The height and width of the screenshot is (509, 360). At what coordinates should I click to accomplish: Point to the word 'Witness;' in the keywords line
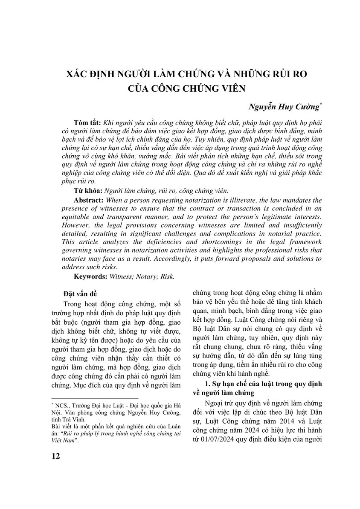point(122,276)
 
